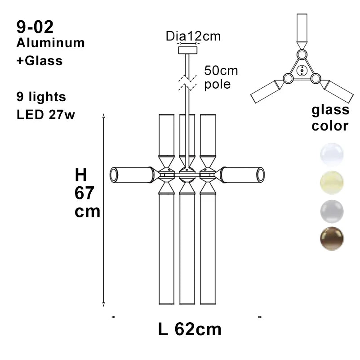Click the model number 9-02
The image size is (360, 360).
click(35, 27)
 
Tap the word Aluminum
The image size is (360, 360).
click(50, 43)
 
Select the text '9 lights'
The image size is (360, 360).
click(41, 97)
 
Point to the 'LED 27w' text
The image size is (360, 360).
click(46, 114)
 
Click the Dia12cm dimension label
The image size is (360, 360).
click(193, 36)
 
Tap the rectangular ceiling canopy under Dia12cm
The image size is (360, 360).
click(188, 50)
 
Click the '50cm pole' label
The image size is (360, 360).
click(221, 77)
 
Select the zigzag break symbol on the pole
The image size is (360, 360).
click(187, 82)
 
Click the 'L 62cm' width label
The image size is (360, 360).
click(190, 329)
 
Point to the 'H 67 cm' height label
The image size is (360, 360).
click(87, 193)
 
